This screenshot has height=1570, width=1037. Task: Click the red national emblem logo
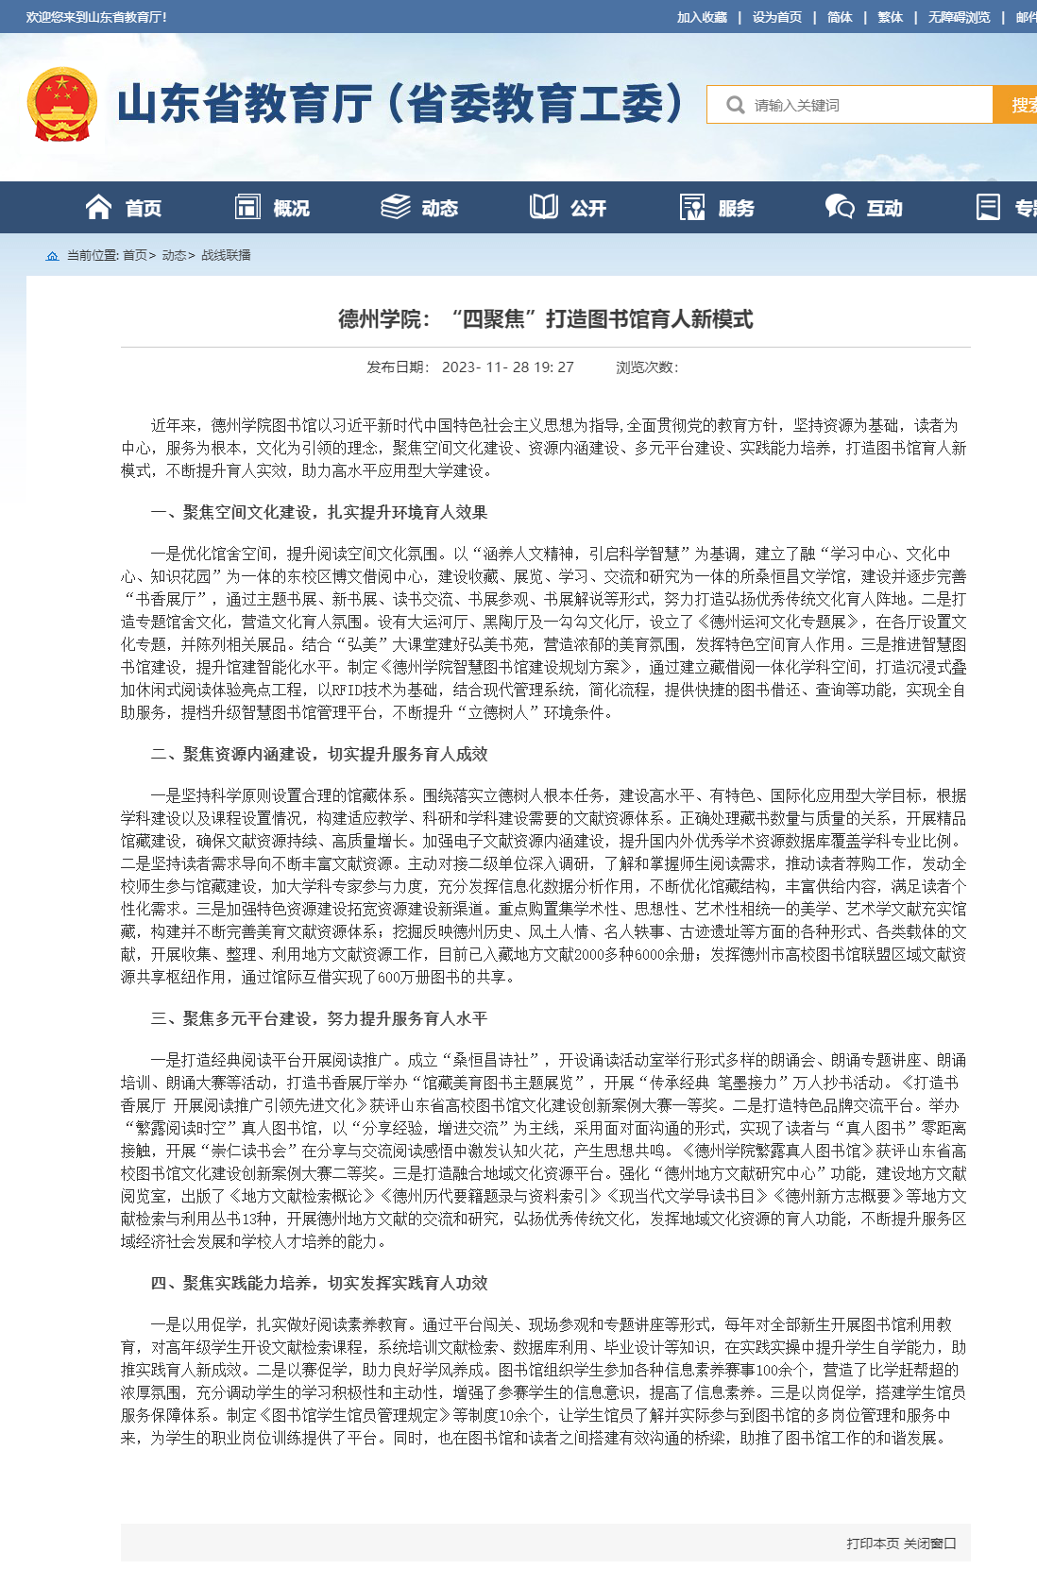(x=61, y=104)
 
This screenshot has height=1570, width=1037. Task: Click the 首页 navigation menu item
(x=124, y=208)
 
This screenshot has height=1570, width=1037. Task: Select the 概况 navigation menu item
(x=272, y=208)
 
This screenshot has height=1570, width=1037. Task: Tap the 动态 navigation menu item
(x=420, y=208)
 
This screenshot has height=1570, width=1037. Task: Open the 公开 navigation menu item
(x=569, y=208)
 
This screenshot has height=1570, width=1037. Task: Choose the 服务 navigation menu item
(x=717, y=208)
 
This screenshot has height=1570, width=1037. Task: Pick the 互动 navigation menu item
(x=865, y=208)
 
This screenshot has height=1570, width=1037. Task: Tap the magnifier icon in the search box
(x=735, y=105)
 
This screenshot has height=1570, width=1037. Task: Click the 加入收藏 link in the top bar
(x=702, y=17)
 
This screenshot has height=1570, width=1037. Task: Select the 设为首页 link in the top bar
(x=776, y=17)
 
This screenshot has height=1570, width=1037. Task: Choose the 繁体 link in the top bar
(x=890, y=17)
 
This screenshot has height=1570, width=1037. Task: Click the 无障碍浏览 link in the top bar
(x=959, y=17)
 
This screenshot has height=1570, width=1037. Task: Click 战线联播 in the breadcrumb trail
(x=226, y=255)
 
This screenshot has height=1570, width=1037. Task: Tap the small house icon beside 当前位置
(x=52, y=256)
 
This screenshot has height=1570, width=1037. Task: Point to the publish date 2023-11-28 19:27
(x=507, y=367)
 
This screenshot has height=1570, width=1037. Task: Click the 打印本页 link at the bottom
(x=873, y=1543)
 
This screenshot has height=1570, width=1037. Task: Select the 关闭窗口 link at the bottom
(x=930, y=1543)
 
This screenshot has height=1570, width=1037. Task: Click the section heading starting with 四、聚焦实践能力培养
(x=319, y=1283)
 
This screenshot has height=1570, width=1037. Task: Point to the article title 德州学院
(x=545, y=319)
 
